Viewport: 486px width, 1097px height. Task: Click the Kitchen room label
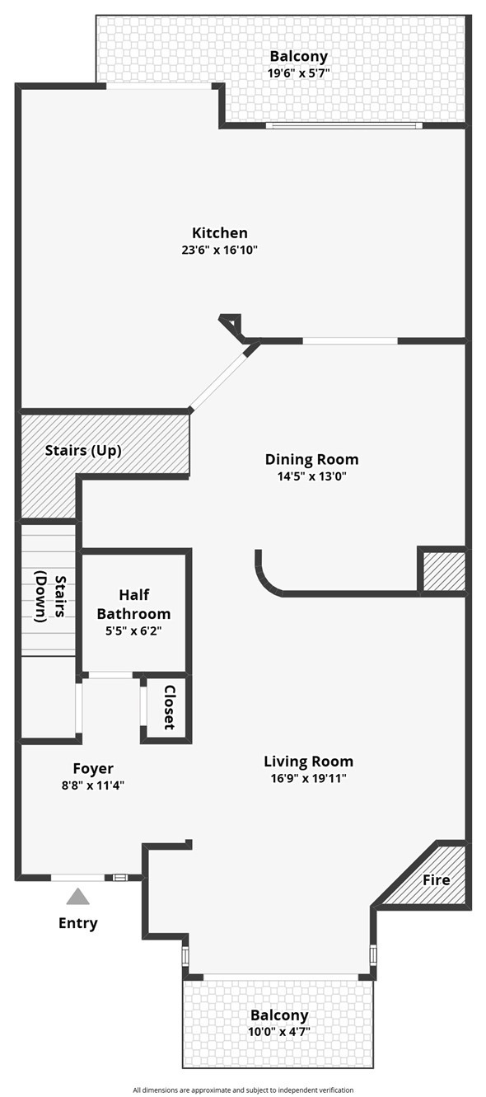click(x=219, y=232)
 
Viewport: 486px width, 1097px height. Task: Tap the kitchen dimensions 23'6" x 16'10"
click(x=219, y=251)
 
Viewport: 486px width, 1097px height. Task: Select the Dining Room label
click(x=311, y=459)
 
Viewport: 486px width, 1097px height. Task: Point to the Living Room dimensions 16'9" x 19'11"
click(x=309, y=778)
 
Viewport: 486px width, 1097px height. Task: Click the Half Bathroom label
click(x=133, y=604)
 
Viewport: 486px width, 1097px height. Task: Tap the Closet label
click(x=170, y=707)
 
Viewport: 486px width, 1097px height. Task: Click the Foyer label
click(x=93, y=769)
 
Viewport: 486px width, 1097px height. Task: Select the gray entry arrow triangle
click(x=78, y=897)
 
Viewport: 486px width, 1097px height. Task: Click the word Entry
click(x=77, y=924)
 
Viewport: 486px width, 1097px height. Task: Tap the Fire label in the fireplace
click(x=436, y=880)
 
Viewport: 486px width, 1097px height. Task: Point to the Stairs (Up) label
click(x=83, y=451)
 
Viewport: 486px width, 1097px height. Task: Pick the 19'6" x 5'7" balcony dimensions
click(x=298, y=73)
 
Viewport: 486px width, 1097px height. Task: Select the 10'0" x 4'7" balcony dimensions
click(x=279, y=1030)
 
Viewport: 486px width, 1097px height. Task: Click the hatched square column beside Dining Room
click(x=444, y=570)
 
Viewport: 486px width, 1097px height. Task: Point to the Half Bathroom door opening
click(x=110, y=675)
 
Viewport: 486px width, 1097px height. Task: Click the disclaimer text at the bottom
click(x=243, y=1090)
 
